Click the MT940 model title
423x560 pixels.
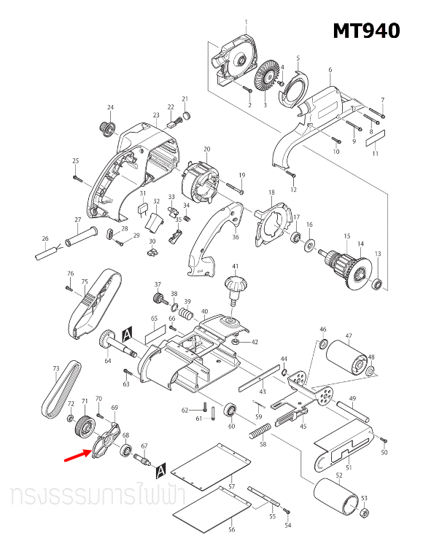pyautogui.click(x=366, y=31)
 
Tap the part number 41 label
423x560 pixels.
pyautogui.click(x=235, y=266)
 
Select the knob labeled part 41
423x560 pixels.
pyautogui.click(x=235, y=286)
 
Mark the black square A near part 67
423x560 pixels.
pyautogui.click(x=160, y=467)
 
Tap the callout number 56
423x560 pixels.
pyautogui.click(x=231, y=529)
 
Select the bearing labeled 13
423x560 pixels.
pyautogui.click(x=378, y=284)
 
